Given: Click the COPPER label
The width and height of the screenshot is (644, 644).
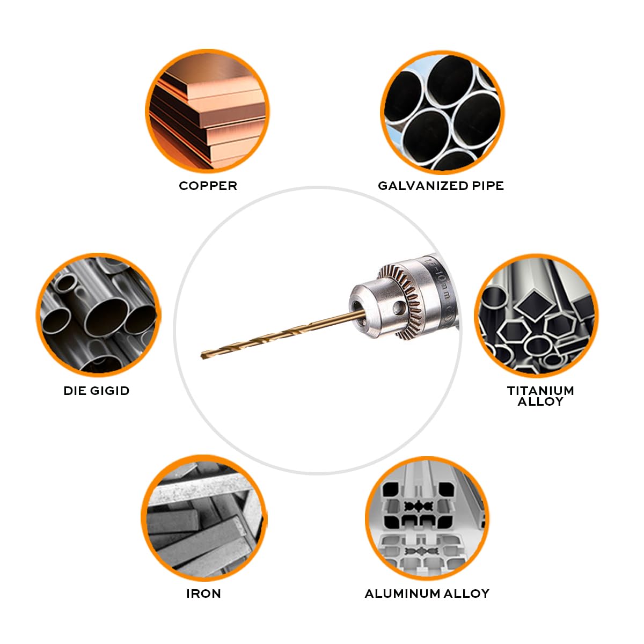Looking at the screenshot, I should click(208, 186).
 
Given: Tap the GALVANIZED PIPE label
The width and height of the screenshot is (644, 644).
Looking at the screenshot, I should click(441, 186).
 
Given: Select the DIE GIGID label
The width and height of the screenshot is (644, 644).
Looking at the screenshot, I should click(97, 391).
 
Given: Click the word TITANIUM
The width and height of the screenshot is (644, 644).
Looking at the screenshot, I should click(540, 390).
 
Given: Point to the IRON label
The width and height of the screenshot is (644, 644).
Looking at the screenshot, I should click(203, 594).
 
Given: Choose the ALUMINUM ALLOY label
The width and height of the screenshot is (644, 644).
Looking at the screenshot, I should click(427, 594).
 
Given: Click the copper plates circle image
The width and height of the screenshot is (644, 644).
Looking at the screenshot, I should click(208, 112).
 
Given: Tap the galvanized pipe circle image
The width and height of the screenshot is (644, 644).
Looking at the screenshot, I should click(442, 112).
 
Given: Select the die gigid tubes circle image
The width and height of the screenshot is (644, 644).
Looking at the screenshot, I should click(98, 316).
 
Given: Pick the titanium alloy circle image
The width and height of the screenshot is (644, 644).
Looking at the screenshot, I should click(536, 316).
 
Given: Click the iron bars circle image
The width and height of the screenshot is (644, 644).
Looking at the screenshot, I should click(204, 518).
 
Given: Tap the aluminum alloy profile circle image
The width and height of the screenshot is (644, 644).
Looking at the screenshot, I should click(427, 518).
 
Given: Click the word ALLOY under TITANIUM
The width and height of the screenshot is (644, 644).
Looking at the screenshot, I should click(540, 402).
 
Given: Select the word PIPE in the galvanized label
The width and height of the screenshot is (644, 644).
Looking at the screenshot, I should click(488, 186).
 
